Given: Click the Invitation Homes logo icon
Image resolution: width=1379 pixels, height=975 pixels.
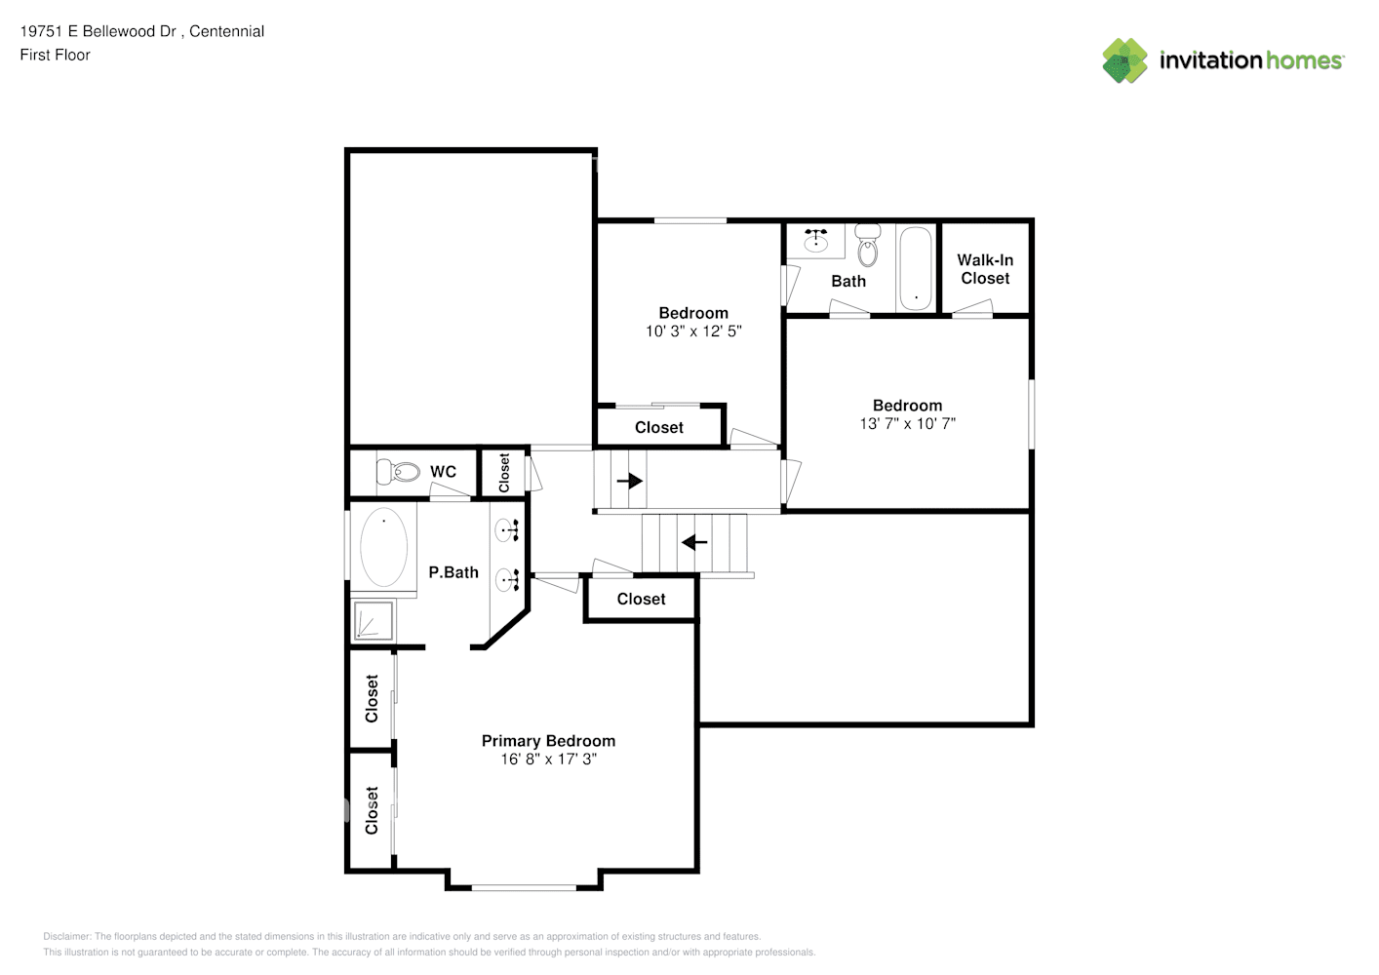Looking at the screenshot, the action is click(x=1124, y=60).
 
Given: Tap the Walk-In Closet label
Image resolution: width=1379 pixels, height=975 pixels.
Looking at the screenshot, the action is click(x=985, y=269).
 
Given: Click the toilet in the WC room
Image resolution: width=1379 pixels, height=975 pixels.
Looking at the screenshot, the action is click(x=398, y=472).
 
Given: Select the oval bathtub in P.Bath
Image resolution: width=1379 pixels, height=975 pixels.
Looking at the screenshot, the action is click(x=383, y=547).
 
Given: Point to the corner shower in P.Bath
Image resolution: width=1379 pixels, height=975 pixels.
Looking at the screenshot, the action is click(x=374, y=620).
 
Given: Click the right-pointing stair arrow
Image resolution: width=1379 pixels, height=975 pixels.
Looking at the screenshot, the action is click(x=630, y=481).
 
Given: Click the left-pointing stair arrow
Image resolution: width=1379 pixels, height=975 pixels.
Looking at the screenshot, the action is click(x=694, y=542).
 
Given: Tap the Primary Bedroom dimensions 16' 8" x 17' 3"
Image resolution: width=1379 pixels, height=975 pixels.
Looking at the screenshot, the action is click(x=548, y=759).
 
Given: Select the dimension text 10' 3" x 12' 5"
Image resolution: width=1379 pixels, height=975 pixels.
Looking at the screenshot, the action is click(x=693, y=331).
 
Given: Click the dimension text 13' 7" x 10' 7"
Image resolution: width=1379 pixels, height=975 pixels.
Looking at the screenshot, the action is click(x=907, y=423).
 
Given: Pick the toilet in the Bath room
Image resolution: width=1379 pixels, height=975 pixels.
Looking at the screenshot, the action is click(x=868, y=245).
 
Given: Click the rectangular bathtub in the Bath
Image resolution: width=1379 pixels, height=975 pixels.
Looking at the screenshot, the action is click(x=916, y=268).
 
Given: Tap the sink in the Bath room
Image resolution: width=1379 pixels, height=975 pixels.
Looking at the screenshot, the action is click(x=816, y=240).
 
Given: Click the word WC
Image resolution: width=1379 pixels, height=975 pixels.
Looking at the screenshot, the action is click(x=443, y=472).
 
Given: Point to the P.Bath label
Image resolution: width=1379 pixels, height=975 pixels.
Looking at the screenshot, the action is click(x=453, y=572).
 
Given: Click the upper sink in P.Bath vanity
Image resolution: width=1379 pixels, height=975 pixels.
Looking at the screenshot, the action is click(x=508, y=530).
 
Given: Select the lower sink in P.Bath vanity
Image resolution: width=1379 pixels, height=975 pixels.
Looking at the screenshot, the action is click(x=508, y=580).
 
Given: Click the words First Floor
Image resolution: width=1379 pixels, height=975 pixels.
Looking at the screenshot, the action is click(x=55, y=55).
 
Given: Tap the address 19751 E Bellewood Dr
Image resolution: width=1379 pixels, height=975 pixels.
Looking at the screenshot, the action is click(x=98, y=31).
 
